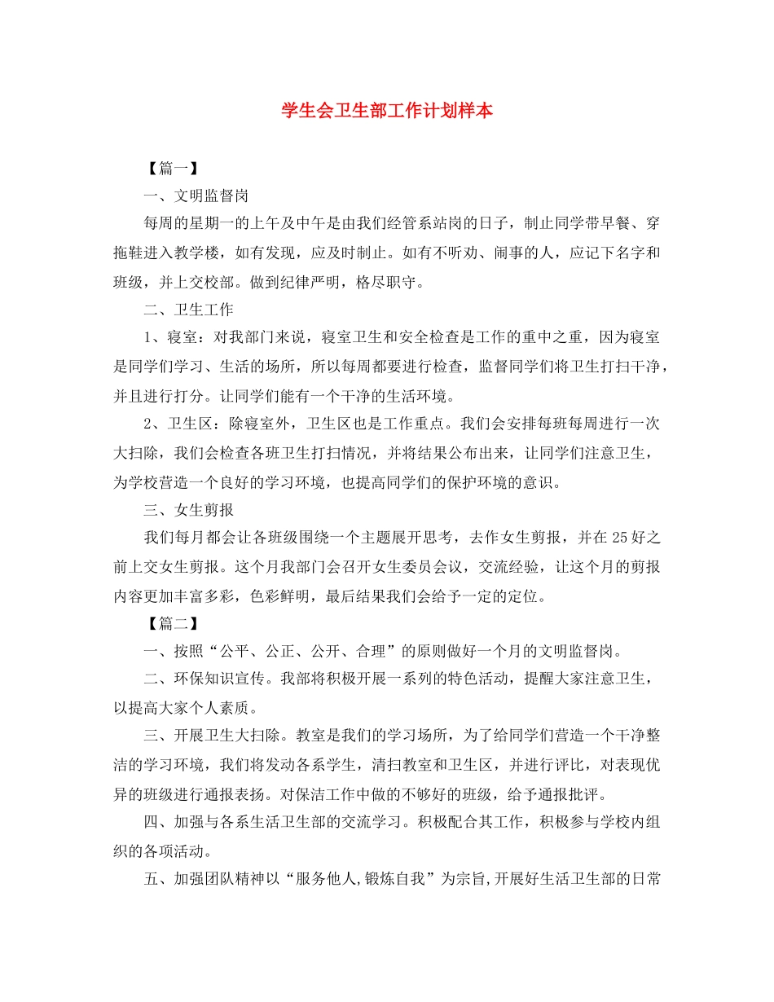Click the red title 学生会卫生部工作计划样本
(387, 111)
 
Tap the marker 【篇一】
(168, 169)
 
